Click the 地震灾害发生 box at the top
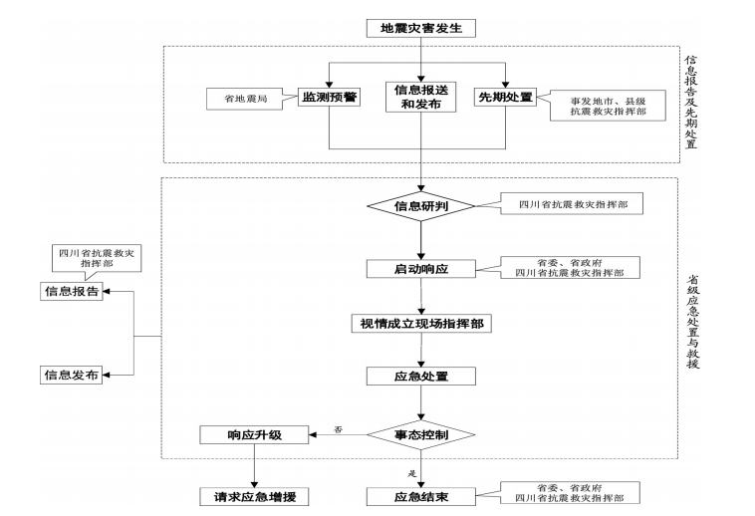pyautogui.click(x=421, y=28)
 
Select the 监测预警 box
pyautogui.click(x=330, y=98)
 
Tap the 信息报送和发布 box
pyautogui.click(x=420, y=97)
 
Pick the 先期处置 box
pyautogui.click(x=506, y=98)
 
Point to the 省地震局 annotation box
pyautogui.click(x=245, y=100)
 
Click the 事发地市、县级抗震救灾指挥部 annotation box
pyautogui.click(x=607, y=107)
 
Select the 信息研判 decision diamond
pyautogui.click(x=420, y=207)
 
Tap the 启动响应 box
pyautogui.click(x=420, y=269)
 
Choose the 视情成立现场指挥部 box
pyautogui.click(x=421, y=324)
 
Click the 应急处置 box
pyautogui.click(x=420, y=377)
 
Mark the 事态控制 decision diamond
pyautogui.click(x=420, y=435)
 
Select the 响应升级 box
pyautogui.click(x=254, y=435)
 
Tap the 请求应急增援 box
pyautogui.click(x=254, y=496)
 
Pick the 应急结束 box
pyautogui.click(x=420, y=496)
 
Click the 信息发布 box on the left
pyautogui.click(x=71, y=375)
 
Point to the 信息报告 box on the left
pyautogui.click(x=71, y=291)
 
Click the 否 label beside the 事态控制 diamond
pyautogui.click(x=338, y=429)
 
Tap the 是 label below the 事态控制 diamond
pyautogui.click(x=410, y=473)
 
